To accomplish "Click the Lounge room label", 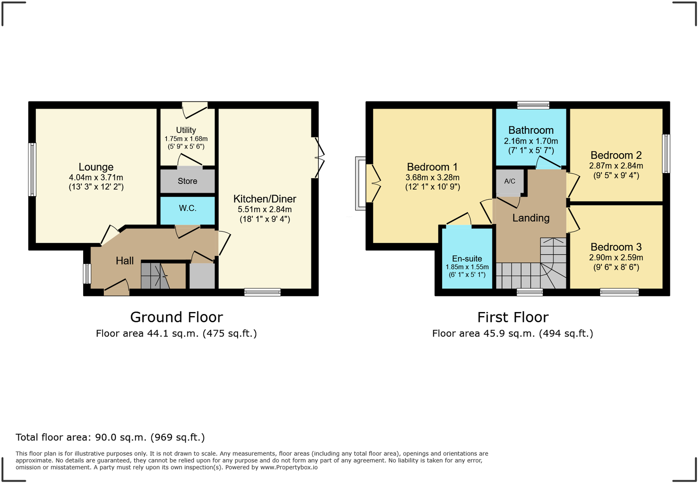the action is [96, 167].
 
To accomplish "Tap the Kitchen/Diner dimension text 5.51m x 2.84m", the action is [264, 209].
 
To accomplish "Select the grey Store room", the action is [187, 181].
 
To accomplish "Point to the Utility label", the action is [186, 130].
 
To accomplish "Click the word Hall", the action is [125, 261].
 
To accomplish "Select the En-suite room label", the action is [467, 258].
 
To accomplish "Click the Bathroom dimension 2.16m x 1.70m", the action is [531, 141].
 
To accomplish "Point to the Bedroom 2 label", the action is [616, 155].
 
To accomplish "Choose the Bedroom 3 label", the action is [616, 247].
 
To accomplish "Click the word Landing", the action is [531, 218].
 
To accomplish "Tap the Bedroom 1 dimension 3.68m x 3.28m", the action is [432, 177].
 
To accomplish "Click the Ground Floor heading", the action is [176, 317].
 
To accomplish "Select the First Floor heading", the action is [513, 317].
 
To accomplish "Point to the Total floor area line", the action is [111, 437].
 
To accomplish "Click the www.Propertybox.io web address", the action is [289, 467].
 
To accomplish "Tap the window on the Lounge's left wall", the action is [32, 170].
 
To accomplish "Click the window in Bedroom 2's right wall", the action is [666, 154].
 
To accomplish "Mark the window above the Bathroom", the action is [533, 105].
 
